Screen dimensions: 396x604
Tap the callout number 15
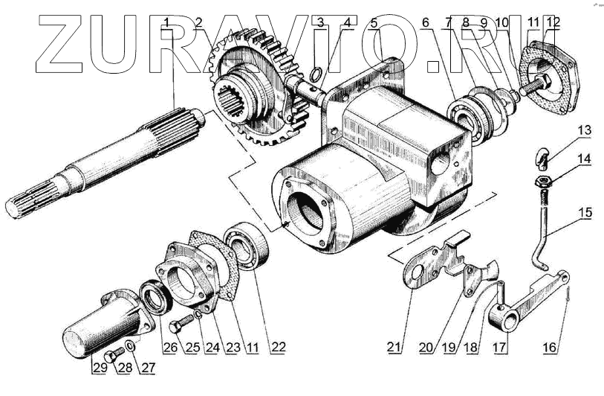click(x=586, y=214)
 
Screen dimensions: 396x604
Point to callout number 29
click(x=97, y=366)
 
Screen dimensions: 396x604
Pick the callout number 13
click(x=585, y=131)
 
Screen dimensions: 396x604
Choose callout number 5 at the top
click(x=374, y=22)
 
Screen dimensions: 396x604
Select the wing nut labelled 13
click(x=543, y=159)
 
